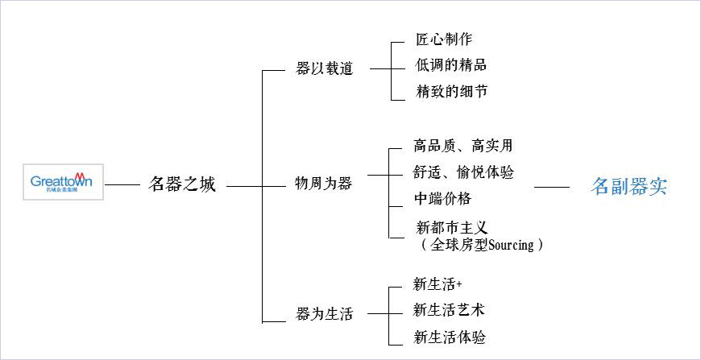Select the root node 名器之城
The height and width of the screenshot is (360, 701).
[183, 185]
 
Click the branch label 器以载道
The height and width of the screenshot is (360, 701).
[325, 68]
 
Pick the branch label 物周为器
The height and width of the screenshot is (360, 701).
[323, 184]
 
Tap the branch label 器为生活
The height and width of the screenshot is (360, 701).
[325, 314]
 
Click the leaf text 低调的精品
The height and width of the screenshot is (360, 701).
[451, 65]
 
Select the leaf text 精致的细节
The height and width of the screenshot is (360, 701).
[451, 92]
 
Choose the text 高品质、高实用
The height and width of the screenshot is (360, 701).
[462, 146]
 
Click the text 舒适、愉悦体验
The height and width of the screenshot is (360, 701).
[462, 172]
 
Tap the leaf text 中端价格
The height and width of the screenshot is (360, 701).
[442, 198]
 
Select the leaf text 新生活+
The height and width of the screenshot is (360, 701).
[438, 283]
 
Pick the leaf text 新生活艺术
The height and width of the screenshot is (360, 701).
[449, 310]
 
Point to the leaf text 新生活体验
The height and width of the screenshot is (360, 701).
[449, 337]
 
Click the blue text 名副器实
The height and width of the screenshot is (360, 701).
[628, 188]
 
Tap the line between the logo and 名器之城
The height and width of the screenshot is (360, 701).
[122, 185]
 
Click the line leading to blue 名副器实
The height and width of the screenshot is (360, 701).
[552, 187]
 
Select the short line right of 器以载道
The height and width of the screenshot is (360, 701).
[380, 68]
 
